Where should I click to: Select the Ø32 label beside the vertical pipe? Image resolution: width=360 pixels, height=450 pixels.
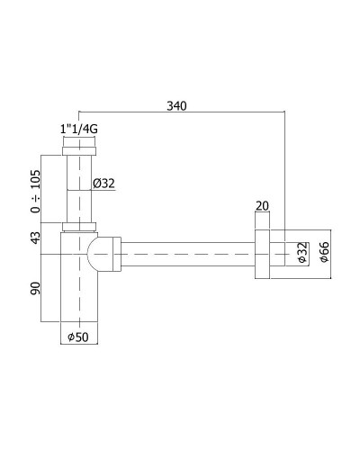tap(105, 184)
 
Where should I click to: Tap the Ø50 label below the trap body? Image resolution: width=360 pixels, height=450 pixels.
tap(78, 338)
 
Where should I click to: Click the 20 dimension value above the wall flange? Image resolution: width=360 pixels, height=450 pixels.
tap(262, 206)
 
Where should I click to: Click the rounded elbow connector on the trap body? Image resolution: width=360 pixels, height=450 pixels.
tap(105, 254)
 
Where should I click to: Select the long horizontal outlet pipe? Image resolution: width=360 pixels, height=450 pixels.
tap(189, 255)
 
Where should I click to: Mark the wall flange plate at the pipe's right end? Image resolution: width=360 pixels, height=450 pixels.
tap(262, 255)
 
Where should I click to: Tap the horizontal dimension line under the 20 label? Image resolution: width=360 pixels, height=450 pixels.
tap(262, 214)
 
